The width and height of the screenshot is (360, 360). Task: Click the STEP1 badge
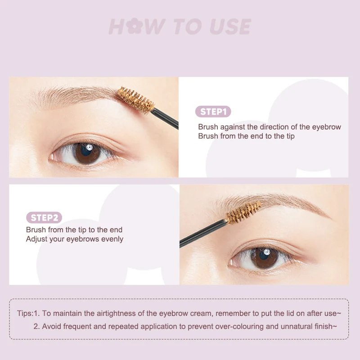[213, 112]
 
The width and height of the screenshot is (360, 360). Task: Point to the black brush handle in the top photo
[165, 118]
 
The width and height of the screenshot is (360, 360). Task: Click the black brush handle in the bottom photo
[202, 233]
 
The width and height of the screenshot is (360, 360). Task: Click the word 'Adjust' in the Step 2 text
[36, 239]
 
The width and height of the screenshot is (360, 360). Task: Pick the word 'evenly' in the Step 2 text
[112, 239]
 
